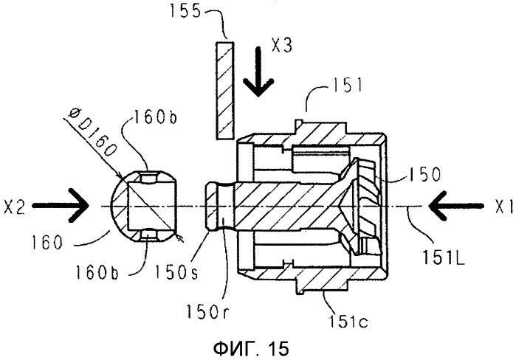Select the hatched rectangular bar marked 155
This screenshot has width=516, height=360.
pyautogui.click(x=225, y=90)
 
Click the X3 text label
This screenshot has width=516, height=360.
pyautogui.click(x=282, y=45)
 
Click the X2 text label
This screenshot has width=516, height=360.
pyautogui.click(x=14, y=207)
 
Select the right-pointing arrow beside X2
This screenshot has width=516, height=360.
pyautogui.click(x=61, y=206)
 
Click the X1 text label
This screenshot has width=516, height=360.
pyautogui.click(x=504, y=207)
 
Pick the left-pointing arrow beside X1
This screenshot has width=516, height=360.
pyautogui.click(x=456, y=206)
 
